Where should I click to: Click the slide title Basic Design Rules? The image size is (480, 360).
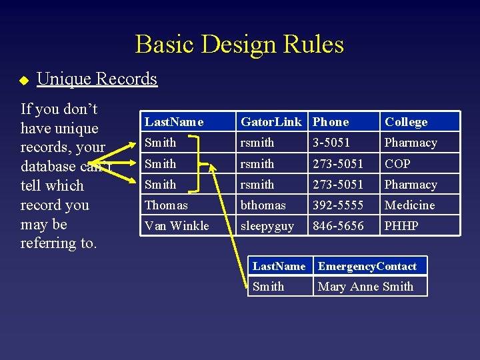[239, 45]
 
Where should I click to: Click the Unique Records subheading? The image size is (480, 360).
[97, 79]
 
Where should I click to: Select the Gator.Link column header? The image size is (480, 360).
[271, 122]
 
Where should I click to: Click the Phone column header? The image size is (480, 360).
[331, 122]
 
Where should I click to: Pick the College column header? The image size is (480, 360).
[406, 122]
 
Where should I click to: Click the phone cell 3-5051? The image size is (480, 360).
[331, 143]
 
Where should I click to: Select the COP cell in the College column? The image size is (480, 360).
[397, 163]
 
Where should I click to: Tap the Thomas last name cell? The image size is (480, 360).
[166, 205]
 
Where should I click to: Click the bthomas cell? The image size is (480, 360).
[263, 205]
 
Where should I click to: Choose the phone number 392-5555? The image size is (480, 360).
[338, 205]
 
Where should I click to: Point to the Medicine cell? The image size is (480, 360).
[409, 205]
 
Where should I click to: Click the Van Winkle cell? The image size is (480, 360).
[177, 225]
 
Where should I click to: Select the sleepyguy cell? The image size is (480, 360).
[267, 226]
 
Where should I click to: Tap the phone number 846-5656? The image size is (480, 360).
[338, 225]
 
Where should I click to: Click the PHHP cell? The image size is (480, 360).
[401, 225]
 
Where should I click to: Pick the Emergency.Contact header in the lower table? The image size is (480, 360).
[367, 266]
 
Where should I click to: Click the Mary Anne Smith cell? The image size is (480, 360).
[365, 287]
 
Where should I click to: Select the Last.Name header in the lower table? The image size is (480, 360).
[279, 266]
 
